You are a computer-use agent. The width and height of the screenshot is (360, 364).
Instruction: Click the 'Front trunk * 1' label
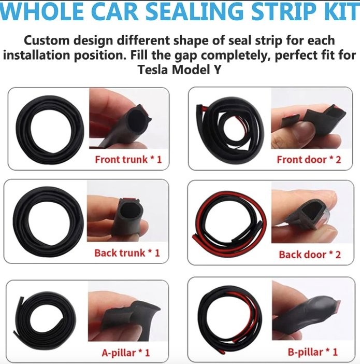[128, 159]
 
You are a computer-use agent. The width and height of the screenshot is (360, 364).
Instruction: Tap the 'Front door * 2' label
[309, 159]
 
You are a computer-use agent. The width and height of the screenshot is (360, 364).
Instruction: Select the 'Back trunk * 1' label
[127, 253]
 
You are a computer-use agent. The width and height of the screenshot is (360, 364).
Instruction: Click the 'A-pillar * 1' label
[126, 353]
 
